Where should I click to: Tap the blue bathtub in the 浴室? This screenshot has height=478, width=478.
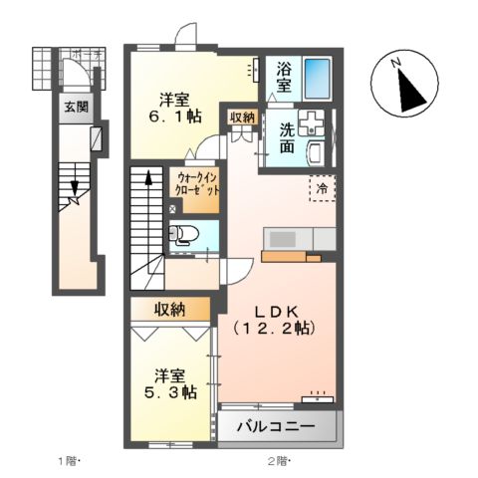tap(319, 76)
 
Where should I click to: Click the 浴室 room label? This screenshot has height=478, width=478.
tap(283, 79)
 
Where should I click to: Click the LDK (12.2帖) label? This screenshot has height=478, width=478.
tap(274, 317)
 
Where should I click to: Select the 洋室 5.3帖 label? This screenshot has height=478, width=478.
tap(168, 383)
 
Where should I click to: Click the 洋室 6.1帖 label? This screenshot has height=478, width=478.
tap(176, 107)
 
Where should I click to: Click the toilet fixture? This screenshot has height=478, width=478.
tap(184, 237)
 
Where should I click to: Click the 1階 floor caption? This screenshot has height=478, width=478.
tap(69, 460)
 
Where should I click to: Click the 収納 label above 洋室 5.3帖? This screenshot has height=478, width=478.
tap(169, 310)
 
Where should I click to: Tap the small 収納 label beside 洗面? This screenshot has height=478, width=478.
tap(242, 118)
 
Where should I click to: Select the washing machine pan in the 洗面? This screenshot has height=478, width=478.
tap(312, 123)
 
